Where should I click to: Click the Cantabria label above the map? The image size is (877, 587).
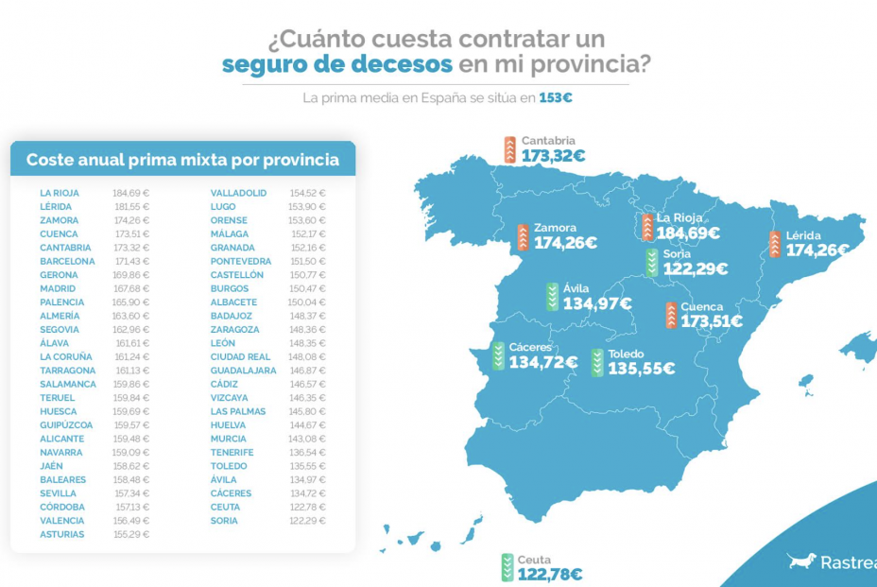pyautogui.click(x=548, y=141)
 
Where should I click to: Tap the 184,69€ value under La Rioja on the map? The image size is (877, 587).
pyautogui.click(x=688, y=233)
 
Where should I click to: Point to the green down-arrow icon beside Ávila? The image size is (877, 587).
pyautogui.click(x=552, y=297)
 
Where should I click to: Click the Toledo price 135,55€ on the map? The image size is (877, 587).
pyautogui.click(x=641, y=370)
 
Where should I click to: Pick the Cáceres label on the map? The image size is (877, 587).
pyautogui.click(x=530, y=347)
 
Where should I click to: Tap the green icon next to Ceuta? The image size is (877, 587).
pyautogui.click(x=508, y=567)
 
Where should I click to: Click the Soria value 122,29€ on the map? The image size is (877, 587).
pyautogui.click(x=696, y=268)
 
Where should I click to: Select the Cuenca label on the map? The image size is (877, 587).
pyautogui.click(x=701, y=306)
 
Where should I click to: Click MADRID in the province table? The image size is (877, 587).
pyautogui.click(x=58, y=288)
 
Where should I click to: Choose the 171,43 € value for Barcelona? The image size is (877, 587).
pyautogui.click(x=130, y=261)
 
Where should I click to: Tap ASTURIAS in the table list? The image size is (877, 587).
pyautogui.click(x=61, y=534)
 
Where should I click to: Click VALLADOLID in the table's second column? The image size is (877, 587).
pyautogui.click(x=238, y=193)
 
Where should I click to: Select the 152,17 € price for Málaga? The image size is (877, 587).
pyautogui.click(x=308, y=233)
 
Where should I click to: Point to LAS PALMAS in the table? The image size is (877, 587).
pyautogui.click(x=237, y=411)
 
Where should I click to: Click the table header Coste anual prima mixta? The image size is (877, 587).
pyautogui.click(x=182, y=160)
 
